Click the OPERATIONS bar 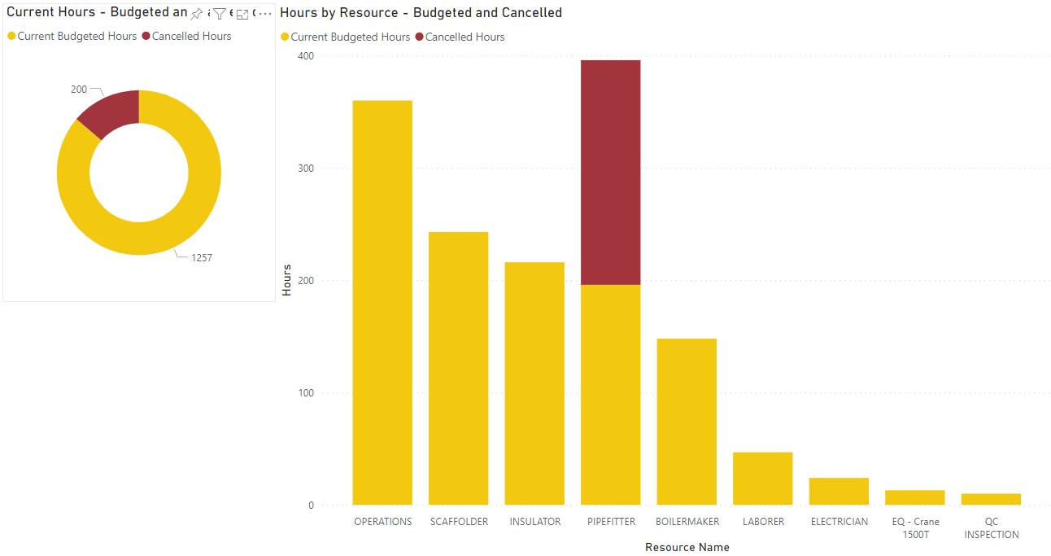point(382,302)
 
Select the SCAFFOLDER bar point(459,368)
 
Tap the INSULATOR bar point(534,383)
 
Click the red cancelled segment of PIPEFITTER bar point(611,172)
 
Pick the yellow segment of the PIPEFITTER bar point(611,394)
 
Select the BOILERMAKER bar point(687,421)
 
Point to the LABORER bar point(763,478)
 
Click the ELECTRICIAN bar point(839,491)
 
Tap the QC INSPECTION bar point(991,499)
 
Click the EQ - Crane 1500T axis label point(915,528)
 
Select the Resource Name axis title point(687,547)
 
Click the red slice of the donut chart point(113,112)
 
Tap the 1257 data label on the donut point(202,258)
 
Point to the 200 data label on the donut point(79,90)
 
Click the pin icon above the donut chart point(196,14)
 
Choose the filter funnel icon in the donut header point(219,14)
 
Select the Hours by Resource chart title point(421,13)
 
